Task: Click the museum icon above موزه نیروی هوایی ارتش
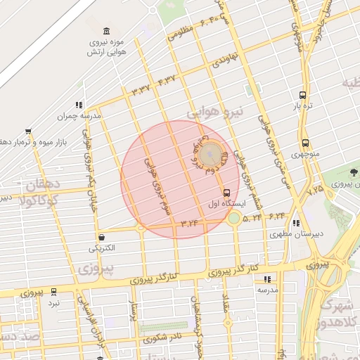106,31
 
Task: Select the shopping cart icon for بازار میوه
28,131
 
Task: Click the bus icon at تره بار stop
302,95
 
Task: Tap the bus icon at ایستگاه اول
226,192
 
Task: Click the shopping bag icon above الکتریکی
103,237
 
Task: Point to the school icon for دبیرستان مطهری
296,223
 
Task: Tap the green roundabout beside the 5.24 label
233,219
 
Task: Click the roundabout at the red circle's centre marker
209,154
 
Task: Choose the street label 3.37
141,89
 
